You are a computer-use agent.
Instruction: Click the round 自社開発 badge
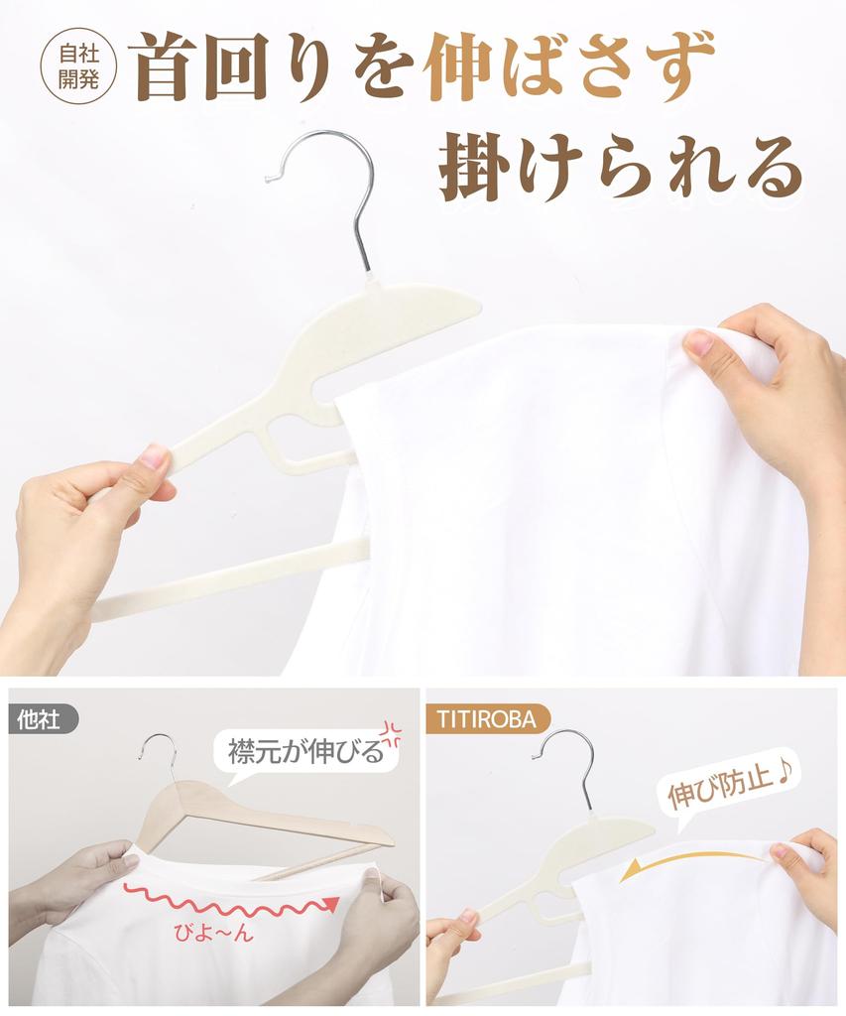pyautogui.click(x=78, y=66)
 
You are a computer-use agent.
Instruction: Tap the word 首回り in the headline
pyautogui.click(x=239, y=67)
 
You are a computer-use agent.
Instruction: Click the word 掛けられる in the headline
pyautogui.click(x=621, y=167)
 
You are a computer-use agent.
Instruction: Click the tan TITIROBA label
pyautogui.click(x=488, y=720)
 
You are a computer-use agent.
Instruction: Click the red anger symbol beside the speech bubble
pyautogui.click(x=390, y=733)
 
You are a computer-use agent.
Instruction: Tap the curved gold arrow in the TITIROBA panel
pyautogui.click(x=693, y=857)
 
